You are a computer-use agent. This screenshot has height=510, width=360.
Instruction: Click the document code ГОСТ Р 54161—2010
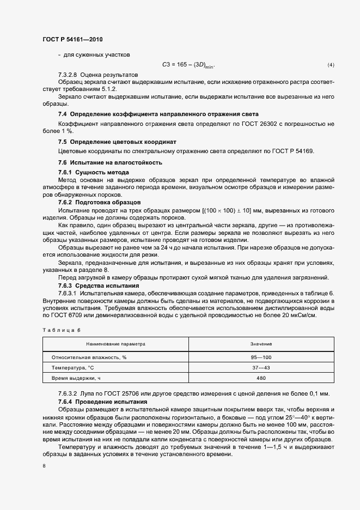(x=72, y=40)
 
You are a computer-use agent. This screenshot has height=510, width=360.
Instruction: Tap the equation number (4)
(x=331, y=65)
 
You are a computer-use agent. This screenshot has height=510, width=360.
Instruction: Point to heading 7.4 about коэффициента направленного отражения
(x=158, y=114)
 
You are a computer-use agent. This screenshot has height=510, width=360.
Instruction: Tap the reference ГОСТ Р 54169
(x=291, y=151)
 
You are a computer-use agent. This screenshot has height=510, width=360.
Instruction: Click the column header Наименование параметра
(x=115, y=344)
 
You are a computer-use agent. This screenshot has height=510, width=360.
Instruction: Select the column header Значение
(x=261, y=344)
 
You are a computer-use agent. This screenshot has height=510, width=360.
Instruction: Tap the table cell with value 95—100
(x=261, y=357)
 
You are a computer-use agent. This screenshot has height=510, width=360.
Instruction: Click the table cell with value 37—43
(x=261, y=368)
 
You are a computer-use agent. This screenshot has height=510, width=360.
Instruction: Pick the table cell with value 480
(x=261, y=378)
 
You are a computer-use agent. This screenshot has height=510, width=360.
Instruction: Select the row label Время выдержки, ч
(x=76, y=378)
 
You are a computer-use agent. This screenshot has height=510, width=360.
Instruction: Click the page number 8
(x=44, y=466)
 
